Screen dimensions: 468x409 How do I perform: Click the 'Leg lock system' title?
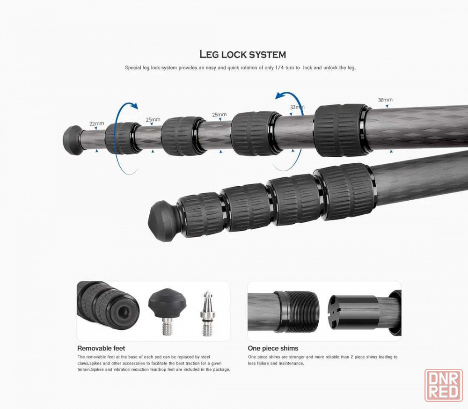[x=242, y=54]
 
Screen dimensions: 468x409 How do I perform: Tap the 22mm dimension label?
[x=97, y=123]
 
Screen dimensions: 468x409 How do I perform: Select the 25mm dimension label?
[x=153, y=120]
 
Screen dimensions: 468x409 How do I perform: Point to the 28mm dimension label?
[x=219, y=115]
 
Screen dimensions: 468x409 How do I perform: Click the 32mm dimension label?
[x=297, y=107]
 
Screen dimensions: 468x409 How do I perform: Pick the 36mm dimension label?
[x=385, y=100]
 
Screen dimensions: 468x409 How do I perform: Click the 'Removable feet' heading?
[x=101, y=348]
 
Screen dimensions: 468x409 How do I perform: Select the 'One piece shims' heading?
[x=273, y=348]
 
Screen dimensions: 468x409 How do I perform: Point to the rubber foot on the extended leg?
[x=73, y=140]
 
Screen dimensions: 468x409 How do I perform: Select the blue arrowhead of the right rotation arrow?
[x=280, y=95]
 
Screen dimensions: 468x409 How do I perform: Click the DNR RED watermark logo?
[x=444, y=385]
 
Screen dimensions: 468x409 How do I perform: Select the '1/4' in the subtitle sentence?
[x=279, y=68]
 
